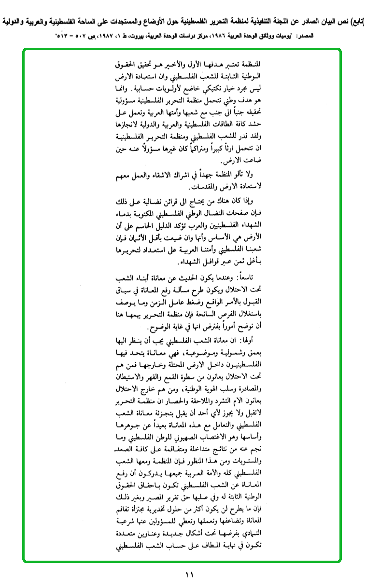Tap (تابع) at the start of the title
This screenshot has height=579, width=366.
(354, 21)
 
